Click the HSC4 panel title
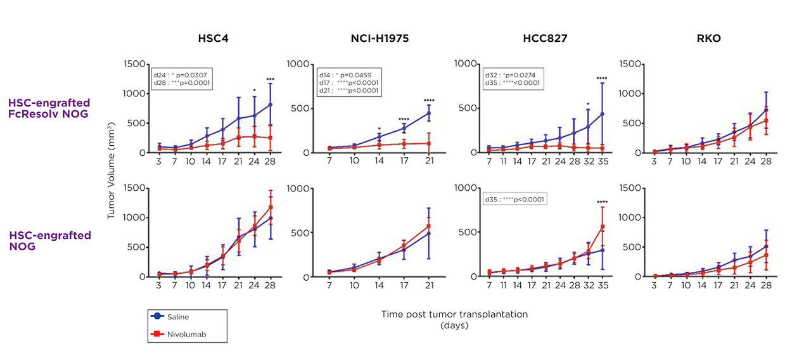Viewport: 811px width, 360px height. (213, 39)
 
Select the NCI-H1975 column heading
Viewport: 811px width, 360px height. (380, 39)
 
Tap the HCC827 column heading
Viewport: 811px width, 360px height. (545, 39)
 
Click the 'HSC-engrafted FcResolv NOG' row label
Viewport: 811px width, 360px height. (49, 108)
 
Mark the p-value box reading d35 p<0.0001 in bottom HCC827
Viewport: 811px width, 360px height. (515, 200)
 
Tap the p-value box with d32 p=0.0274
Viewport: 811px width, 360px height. (514, 79)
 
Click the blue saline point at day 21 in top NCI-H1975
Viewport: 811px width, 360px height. (429, 113)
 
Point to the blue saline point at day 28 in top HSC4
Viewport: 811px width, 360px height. (271, 105)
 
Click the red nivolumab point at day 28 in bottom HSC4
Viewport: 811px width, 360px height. (271, 207)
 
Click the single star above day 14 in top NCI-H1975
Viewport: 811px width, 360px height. (378, 127)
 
